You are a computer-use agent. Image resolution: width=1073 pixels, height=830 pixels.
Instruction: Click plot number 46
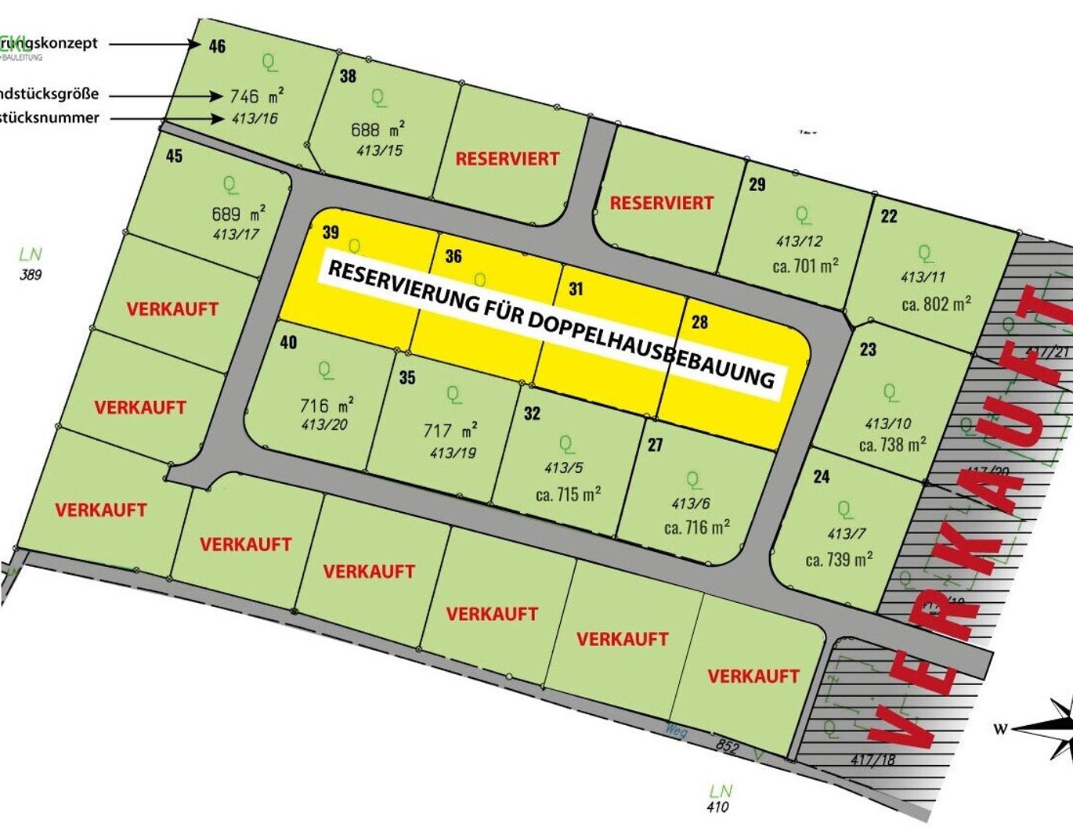tap(217, 46)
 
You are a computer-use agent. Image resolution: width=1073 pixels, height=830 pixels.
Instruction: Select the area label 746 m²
tap(256, 96)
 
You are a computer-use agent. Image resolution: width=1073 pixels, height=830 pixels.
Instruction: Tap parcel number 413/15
tap(379, 150)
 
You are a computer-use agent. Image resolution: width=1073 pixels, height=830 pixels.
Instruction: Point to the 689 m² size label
tap(238, 214)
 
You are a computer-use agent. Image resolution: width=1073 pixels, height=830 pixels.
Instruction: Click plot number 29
tap(757, 185)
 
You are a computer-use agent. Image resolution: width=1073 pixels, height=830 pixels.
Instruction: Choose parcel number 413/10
tap(887, 424)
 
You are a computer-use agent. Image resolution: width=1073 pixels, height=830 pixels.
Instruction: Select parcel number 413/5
tap(563, 468)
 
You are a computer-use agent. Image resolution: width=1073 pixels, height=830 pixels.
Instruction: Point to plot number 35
tap(407, 378)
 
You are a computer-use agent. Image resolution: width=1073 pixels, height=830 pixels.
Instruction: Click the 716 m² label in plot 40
tap(327, 406)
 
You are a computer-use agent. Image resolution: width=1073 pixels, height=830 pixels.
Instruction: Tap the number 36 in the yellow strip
tap(453, 256)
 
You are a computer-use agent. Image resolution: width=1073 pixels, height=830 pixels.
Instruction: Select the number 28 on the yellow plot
tap(699, 322)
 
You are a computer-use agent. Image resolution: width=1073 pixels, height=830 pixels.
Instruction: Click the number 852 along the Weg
tap(727, 746)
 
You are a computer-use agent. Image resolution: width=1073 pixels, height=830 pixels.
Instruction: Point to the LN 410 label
tap(718, 799)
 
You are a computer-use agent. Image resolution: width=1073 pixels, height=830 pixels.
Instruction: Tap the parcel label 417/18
tap(872, 759)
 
